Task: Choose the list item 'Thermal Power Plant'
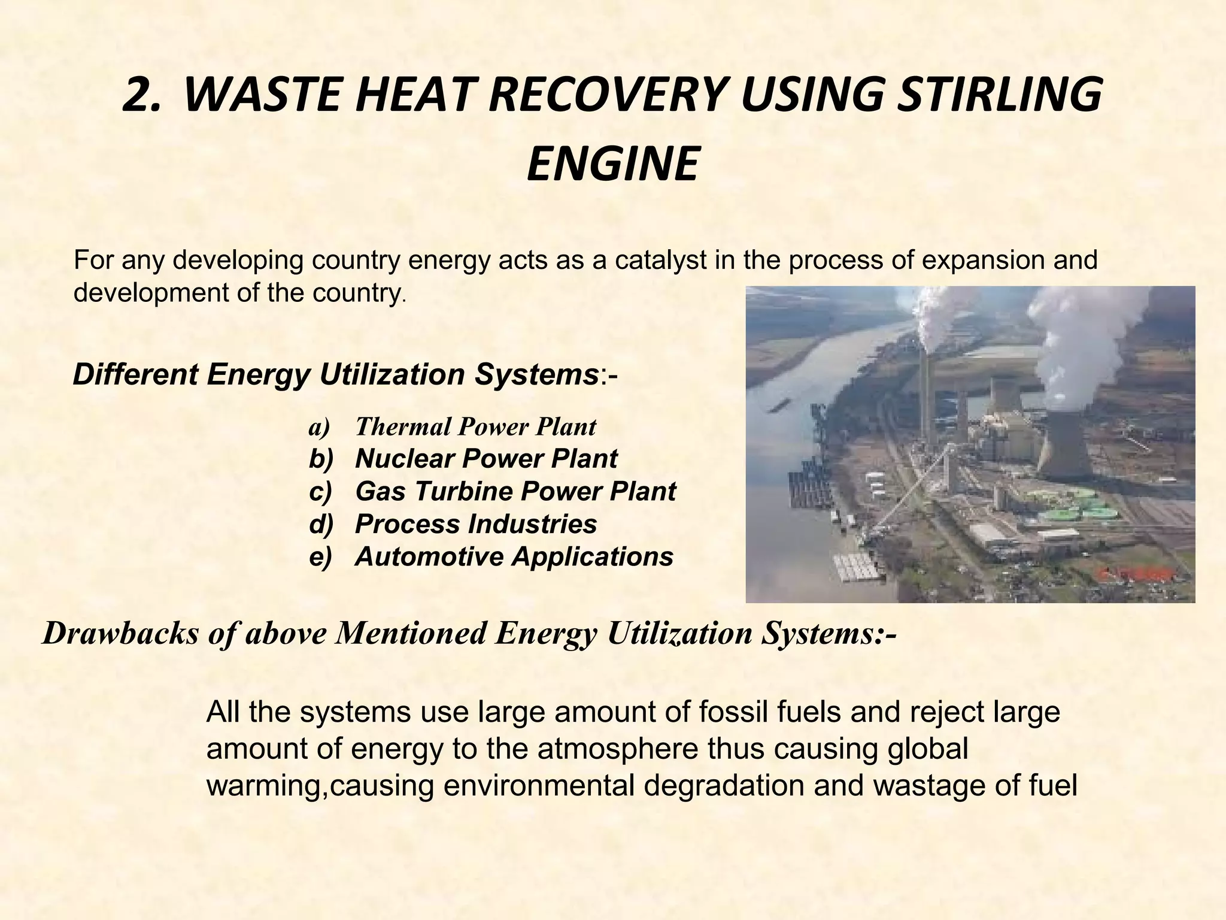(x=475, y=426)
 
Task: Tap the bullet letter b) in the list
(x=320, y=459)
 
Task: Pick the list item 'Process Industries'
(x=475, y=524)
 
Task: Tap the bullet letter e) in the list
(x=320, y=556)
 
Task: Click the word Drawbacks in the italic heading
(x=120, y=634)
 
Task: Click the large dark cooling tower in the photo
(x=1066, y=443)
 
